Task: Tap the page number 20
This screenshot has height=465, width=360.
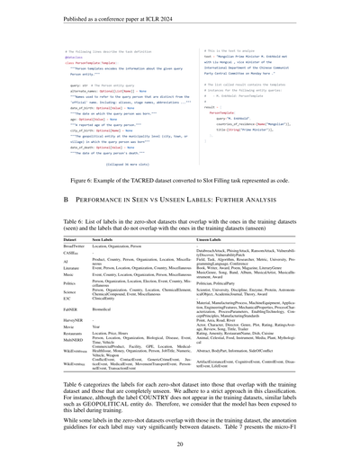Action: (180, 443)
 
